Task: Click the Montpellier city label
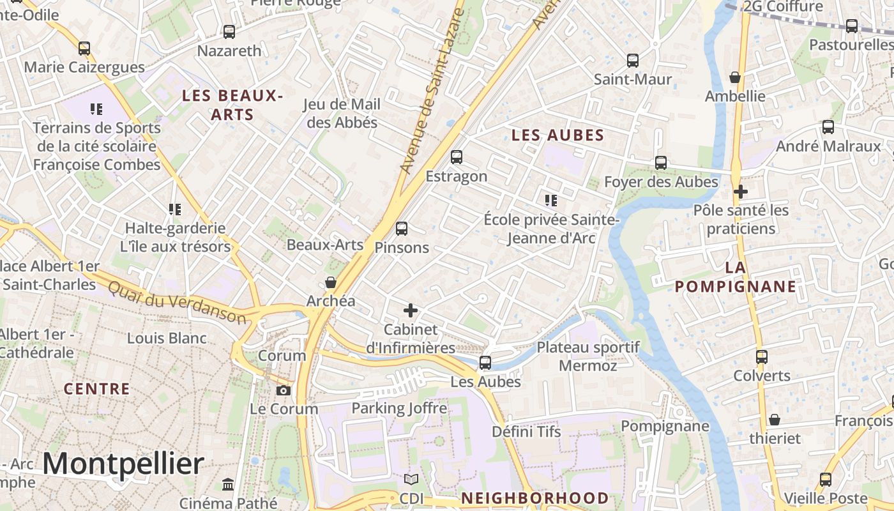click(123, 463)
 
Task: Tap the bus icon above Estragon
click(456, 156)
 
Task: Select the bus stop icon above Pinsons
click(401, 228)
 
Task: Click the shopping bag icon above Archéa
click(330, 282)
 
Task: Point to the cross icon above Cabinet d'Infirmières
click(410, 310)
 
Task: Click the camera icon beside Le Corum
click(284, 390)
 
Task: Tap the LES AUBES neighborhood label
click(557, 135)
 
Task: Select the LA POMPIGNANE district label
click(736, 277)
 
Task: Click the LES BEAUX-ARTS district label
click(232, 105)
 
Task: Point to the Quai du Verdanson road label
click(176, 302)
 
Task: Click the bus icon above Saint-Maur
click(632, 61)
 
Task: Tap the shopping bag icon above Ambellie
click(735, 77)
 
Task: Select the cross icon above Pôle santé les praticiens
click(740, 191)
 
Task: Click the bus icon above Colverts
click(761, 356)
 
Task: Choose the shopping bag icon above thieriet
click(774, 420)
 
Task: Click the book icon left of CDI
click(411, 479)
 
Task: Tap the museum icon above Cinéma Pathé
click(228, 484)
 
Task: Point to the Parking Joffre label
click(399, 408)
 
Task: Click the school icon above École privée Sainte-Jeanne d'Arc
click(551, 201)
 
